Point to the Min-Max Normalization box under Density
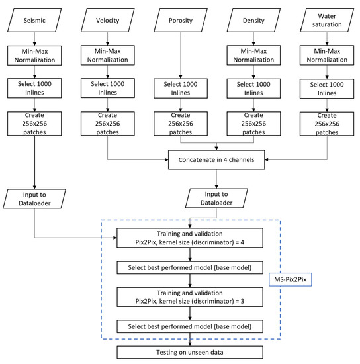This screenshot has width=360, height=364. point(251,55)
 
